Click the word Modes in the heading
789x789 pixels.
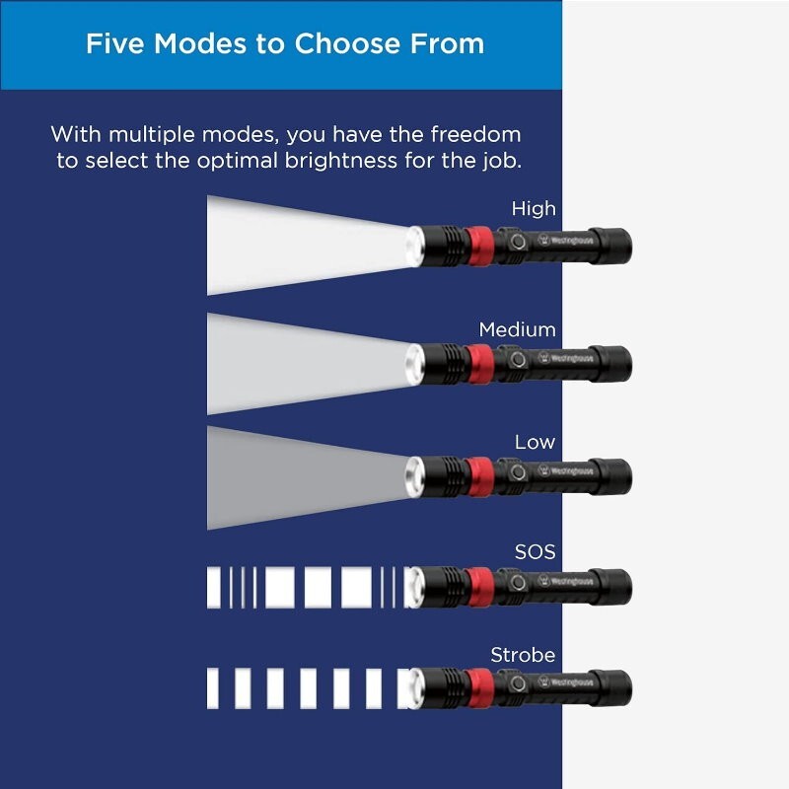200,43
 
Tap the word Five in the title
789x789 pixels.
115,43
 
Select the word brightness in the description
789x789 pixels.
341,161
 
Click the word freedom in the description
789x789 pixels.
475,134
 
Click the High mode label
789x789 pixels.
534,208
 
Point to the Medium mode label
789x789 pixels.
517,329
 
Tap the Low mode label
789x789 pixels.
535,442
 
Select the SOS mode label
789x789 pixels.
535,552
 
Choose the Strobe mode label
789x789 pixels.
523,655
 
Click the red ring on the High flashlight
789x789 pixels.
478,246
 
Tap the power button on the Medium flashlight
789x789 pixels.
517,360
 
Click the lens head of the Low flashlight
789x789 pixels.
415,477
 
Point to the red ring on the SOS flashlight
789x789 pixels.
478,588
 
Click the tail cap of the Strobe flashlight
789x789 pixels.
610,687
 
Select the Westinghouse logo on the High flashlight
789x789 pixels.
565,240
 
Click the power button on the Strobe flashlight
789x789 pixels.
517,683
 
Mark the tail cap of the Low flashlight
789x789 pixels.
610,476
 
